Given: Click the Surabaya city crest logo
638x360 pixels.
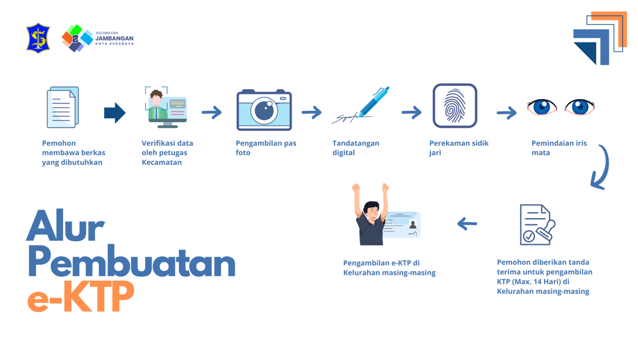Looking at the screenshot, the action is point(38,38).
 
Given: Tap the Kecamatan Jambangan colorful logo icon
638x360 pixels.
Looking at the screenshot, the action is point(77,38).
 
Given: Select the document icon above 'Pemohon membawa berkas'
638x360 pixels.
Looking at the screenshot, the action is point(62,108).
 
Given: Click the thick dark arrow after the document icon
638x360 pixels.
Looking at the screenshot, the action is point(115,113).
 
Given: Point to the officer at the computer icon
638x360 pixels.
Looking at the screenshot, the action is point(165,107).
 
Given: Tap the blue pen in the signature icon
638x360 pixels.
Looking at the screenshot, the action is point(373,102).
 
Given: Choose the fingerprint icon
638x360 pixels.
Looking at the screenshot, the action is point(455,106).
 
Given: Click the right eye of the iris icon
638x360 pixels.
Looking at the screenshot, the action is point(580,107).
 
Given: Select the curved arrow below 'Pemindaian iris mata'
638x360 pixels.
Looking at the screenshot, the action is point(601,167).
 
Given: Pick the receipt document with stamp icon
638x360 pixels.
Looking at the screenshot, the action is point(536,225).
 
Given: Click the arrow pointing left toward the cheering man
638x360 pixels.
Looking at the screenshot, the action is point(467,224).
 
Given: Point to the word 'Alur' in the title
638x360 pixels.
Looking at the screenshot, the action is point(65,227).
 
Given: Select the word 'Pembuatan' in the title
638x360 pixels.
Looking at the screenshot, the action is point(131,264).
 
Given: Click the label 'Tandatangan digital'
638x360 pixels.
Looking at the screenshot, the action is point(356,148).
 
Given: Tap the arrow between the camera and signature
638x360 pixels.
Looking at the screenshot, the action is point(312,113).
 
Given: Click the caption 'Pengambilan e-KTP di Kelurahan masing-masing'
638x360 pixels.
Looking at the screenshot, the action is point(389,268).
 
